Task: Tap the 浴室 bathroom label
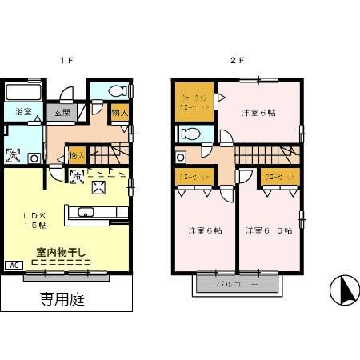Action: pos(22,111)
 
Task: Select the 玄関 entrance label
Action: pos(61,112)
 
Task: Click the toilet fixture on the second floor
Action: pos(190,134)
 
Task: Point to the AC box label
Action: pos(13,265)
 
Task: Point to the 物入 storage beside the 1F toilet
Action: pos(118,113)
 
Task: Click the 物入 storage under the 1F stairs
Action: pos(78,154)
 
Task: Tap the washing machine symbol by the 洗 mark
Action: pos(34,158)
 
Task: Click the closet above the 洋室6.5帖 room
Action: pos(280,176)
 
